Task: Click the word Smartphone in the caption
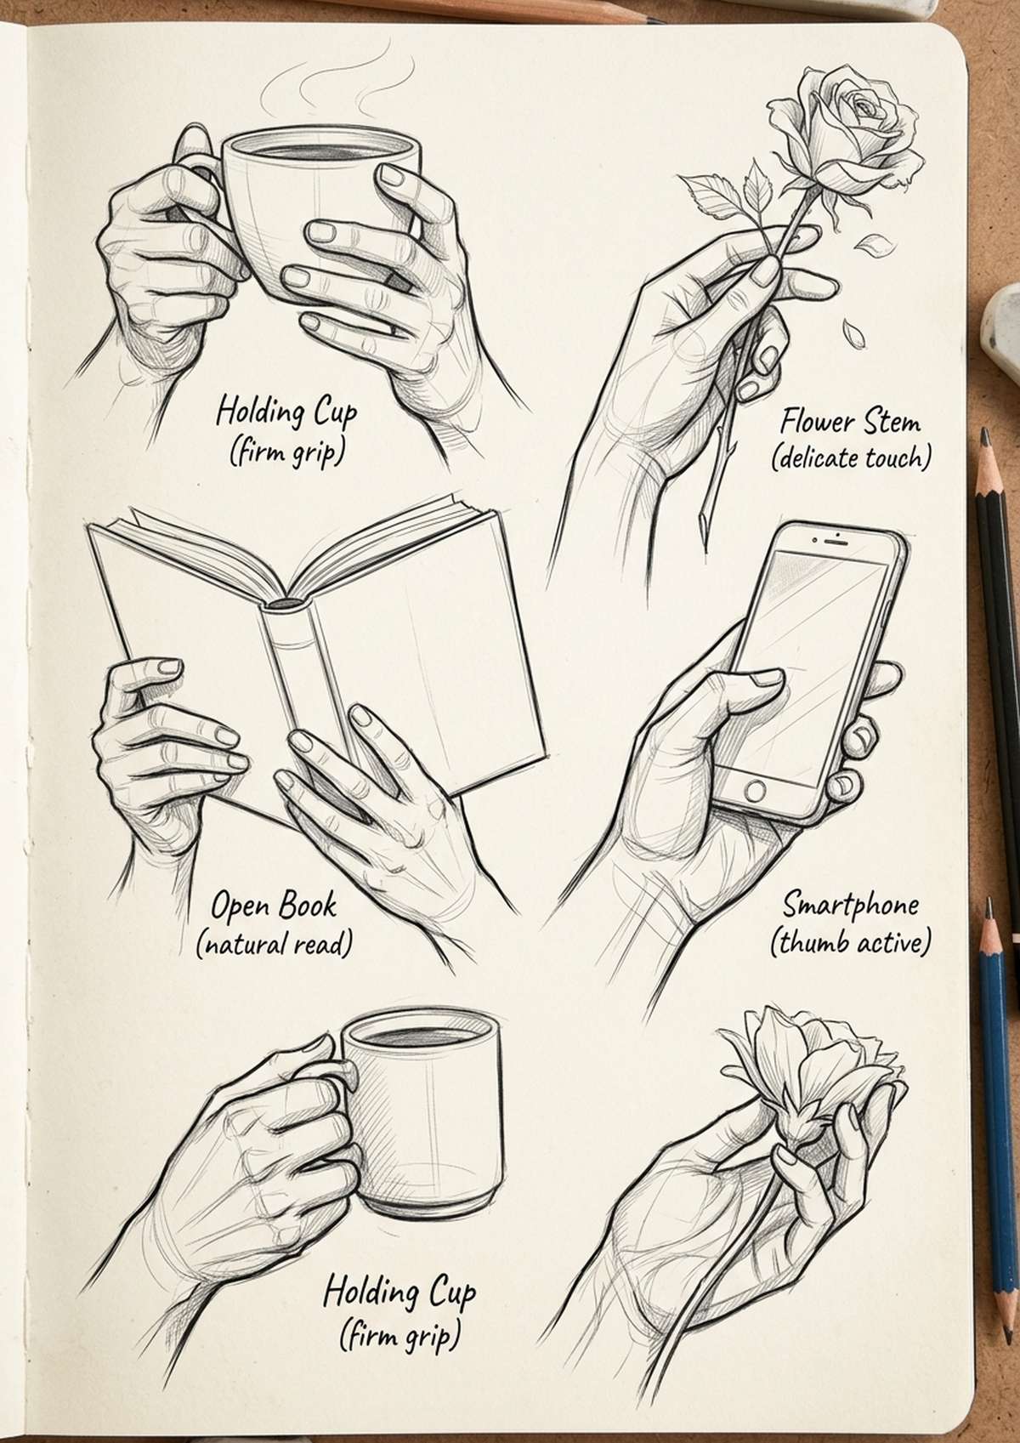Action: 850,904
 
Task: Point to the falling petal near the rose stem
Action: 868,247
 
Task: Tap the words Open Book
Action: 274,905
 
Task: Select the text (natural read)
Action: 274,943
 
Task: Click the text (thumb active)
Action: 850,942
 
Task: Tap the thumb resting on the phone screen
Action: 748,680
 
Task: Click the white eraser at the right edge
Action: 1004,332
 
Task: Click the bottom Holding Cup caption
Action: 399,1293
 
